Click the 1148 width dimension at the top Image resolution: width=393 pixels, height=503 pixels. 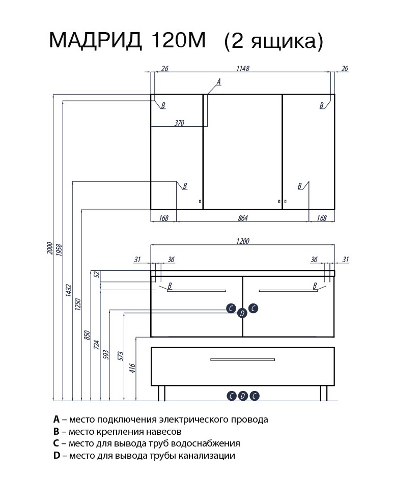(x=242, y=69)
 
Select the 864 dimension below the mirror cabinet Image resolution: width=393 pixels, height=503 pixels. (x=242, y=218)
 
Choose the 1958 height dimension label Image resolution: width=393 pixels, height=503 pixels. (x=59, y=250)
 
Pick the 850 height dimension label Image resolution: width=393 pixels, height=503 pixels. (x=87, y=335)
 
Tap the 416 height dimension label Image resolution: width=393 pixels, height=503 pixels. (x=133, y=368)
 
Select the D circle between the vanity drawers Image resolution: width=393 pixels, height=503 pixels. (x=242, y=313)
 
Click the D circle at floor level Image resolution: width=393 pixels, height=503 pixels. (x=243, y=396)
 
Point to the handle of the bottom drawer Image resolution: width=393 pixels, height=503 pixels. (x=242, y=360)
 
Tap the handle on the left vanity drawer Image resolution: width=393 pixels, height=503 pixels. (x=196, y=291)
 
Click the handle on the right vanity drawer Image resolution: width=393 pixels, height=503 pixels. (x=288, y=291)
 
